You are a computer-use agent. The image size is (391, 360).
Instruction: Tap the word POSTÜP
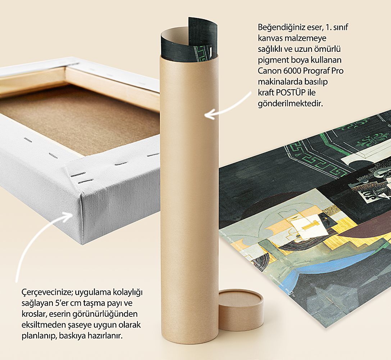tap(291, 93)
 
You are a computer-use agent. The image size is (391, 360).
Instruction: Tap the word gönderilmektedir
tap(290, 104)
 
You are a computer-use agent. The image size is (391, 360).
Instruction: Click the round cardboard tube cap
tap(241, 310)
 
